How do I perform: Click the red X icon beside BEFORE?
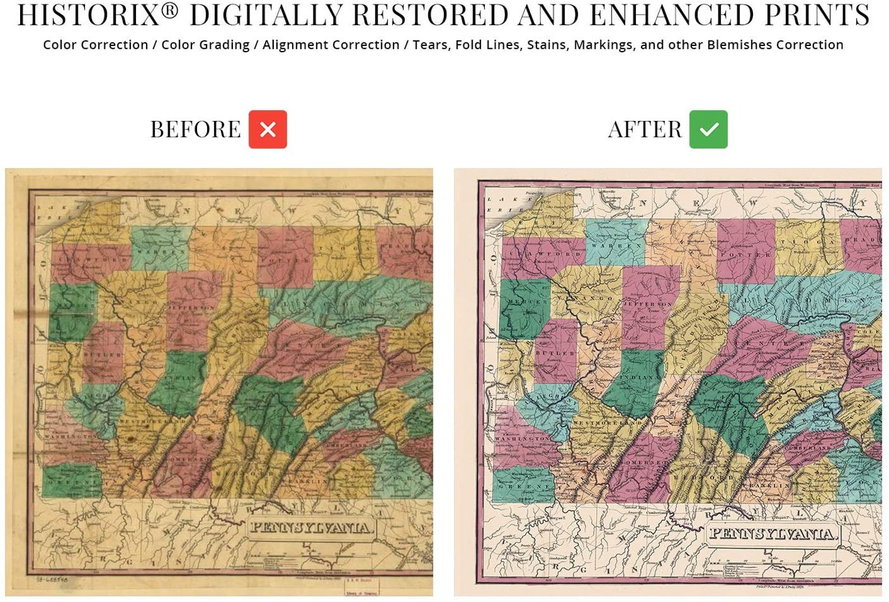(268, 129)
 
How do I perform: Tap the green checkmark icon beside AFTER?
(708, 129)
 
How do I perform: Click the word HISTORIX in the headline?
(88, 15)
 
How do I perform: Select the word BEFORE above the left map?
(195, 129)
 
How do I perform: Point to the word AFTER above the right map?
(645, 129)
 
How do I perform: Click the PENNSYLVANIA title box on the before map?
(311, 528)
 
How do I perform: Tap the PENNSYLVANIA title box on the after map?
(773, 533)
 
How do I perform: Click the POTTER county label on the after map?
(745, 255)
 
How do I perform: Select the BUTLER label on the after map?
(555, 353)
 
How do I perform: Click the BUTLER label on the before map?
(102, 355)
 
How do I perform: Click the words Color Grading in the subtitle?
(205, 45)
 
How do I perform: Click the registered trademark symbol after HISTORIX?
(171, 10)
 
